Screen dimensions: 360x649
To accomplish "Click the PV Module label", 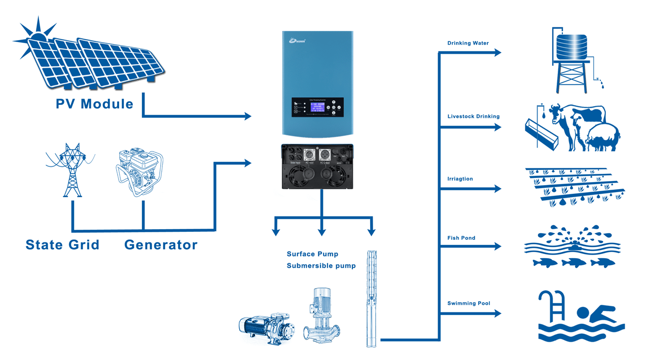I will (x=94, y=104).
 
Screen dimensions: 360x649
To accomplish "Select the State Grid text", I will (x=62, y=245).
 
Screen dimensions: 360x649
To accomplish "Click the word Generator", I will (x=161, y=245).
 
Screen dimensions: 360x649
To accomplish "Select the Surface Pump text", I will (x=312, y=254).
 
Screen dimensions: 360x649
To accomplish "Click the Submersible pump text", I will (x=321, y=266).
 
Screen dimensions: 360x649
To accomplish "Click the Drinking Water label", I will (x=468, y=43).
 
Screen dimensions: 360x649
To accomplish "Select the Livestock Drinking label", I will (x=474, y=117).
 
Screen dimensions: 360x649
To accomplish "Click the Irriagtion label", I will (x=460, y=179).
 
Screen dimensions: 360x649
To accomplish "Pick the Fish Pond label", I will (x=461, y=238).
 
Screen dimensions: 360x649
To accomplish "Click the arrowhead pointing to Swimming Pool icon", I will (x=497, y=314).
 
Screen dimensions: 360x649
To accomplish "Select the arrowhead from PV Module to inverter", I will (x=247, y=117).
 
